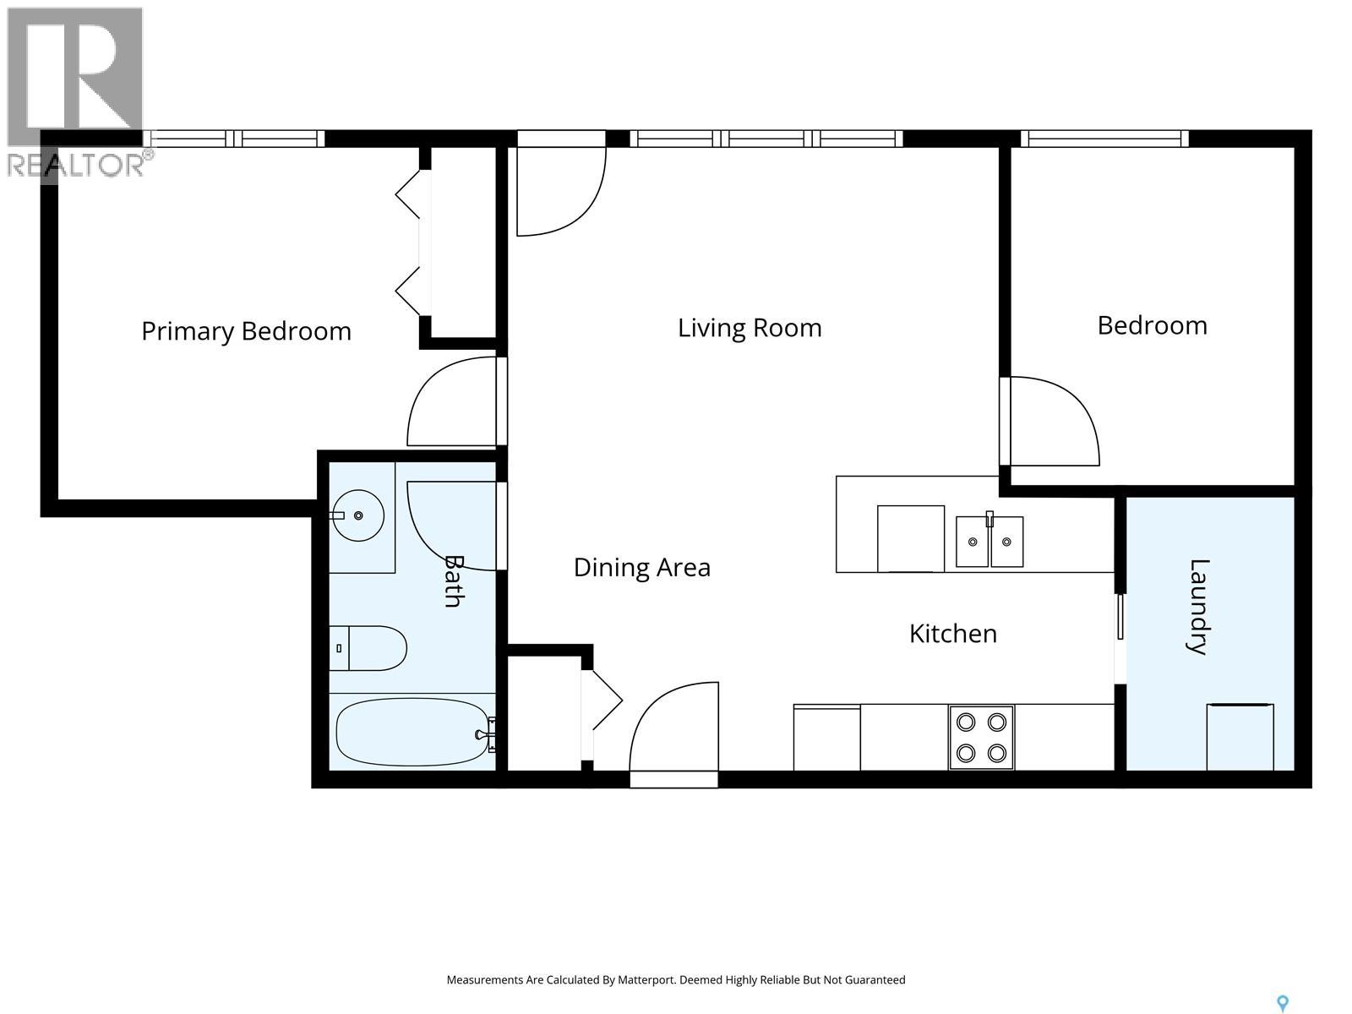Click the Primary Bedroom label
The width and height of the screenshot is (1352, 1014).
247,331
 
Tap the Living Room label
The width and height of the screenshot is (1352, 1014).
750,328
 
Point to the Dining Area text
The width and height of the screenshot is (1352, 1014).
642,568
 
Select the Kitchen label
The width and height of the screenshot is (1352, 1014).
953,634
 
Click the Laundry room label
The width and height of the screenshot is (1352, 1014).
1198,607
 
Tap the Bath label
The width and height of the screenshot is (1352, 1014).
454,581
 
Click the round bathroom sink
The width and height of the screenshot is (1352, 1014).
358,515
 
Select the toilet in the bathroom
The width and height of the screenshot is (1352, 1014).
368,648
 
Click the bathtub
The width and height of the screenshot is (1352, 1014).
416,732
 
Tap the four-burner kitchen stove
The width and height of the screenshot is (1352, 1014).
981,738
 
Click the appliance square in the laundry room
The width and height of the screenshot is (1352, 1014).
1240,737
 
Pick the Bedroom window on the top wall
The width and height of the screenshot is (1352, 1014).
1104,139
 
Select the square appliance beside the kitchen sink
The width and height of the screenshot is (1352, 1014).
910,539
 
